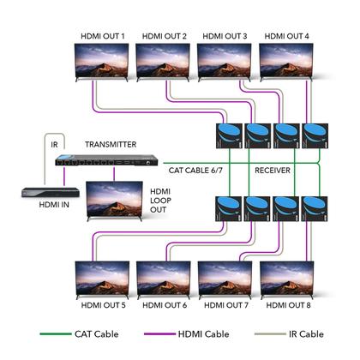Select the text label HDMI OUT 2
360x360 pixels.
(x=165, y=36)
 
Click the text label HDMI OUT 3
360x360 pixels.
(x=225, y=36)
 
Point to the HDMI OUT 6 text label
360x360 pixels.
(x=165, y=306)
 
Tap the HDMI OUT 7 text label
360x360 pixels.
(x=225, y=306)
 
